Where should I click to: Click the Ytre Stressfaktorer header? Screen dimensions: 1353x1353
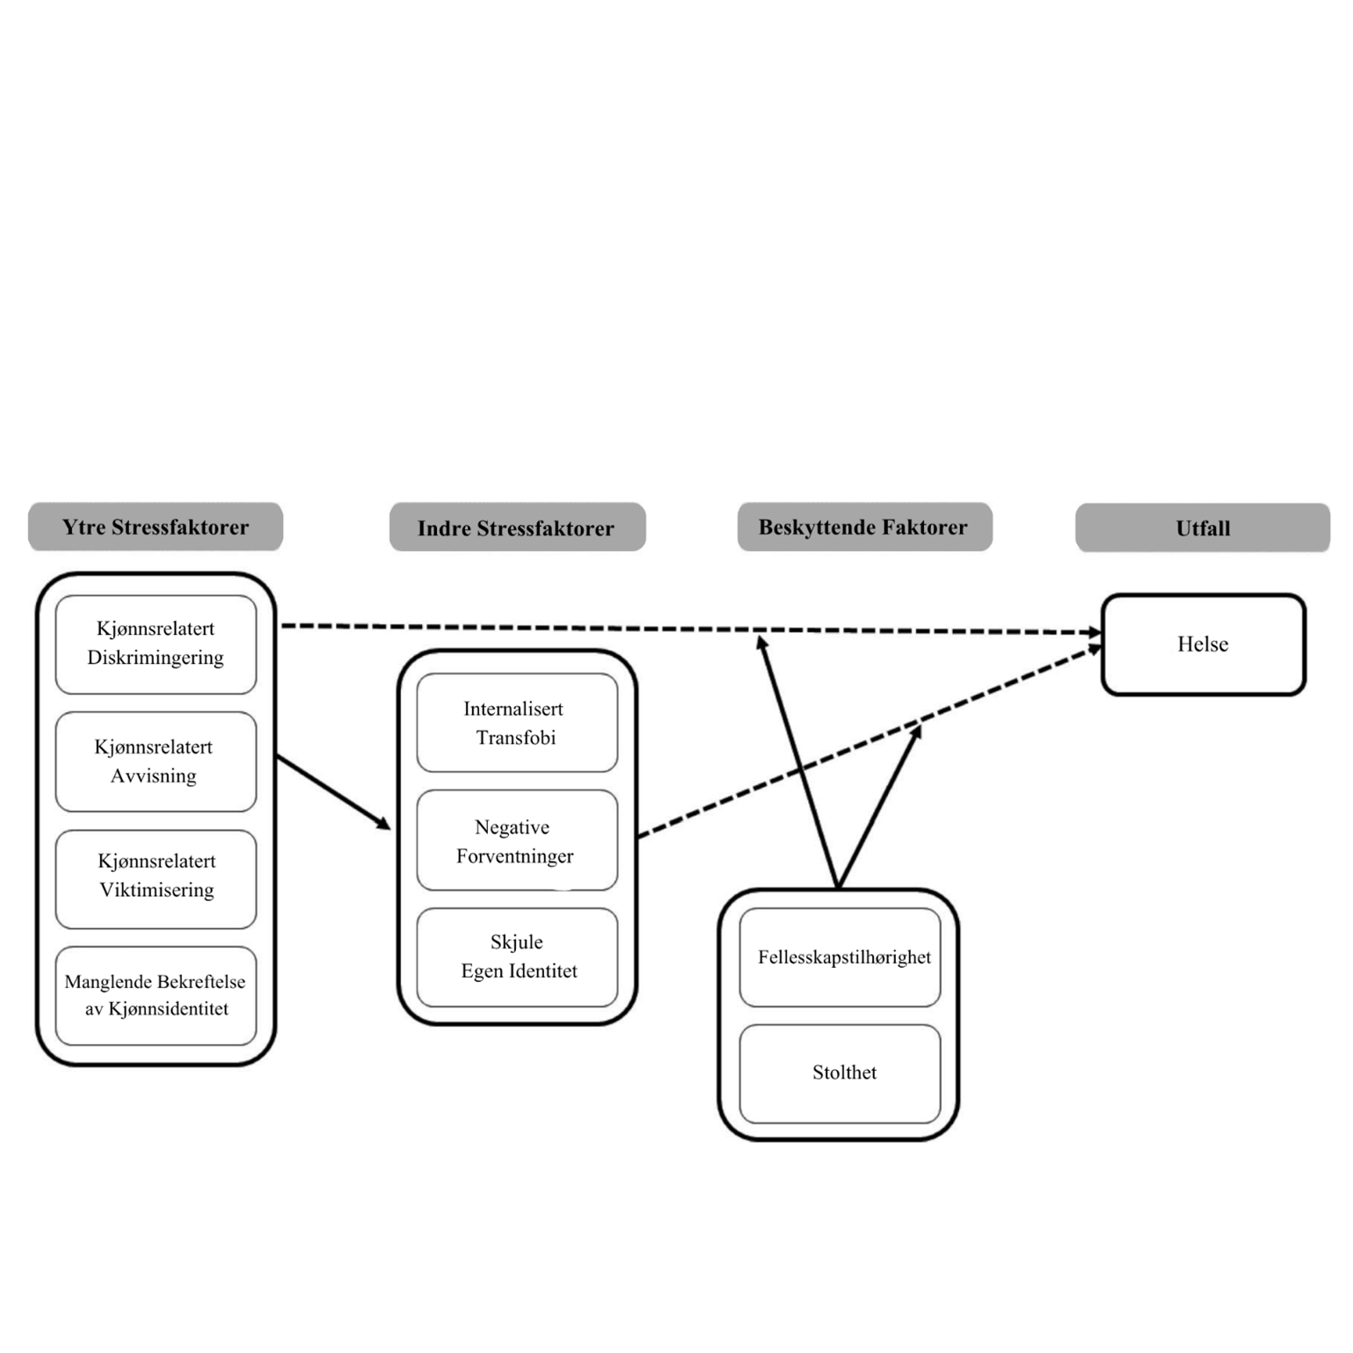(x=156, y=527)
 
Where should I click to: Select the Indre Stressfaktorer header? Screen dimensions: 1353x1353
(x=517, y=528)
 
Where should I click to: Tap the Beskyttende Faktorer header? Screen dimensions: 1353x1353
(x=864, y=527)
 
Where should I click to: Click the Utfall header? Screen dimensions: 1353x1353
(x=1203, y=528)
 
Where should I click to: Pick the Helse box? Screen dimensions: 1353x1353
(x=1203, y=644)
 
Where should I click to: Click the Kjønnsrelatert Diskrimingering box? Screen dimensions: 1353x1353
(x=156, y=644)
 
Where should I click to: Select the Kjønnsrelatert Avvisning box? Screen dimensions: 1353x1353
(x=156, y=761)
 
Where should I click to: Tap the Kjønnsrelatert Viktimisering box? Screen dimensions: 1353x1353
(x=156, y=877)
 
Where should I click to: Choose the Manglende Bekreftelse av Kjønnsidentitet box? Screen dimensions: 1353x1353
(x=156, y=995)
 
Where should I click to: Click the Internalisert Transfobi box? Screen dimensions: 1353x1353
(x=517, y=723)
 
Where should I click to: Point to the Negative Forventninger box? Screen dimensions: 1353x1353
(x=517, y=840)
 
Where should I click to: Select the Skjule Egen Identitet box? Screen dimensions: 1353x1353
(x=517, y=957)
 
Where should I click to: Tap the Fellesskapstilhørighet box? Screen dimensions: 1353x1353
(x=840, y=957)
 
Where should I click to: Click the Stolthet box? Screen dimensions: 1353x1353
(x=840, y=1073)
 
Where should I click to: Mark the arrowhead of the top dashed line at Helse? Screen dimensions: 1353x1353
(x=1095, y=632)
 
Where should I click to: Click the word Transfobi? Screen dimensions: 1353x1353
(x=516, y=738)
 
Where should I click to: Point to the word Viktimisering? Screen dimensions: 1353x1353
(x=156, y=891)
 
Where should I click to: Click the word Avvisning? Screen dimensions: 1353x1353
(x=154, y=776)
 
